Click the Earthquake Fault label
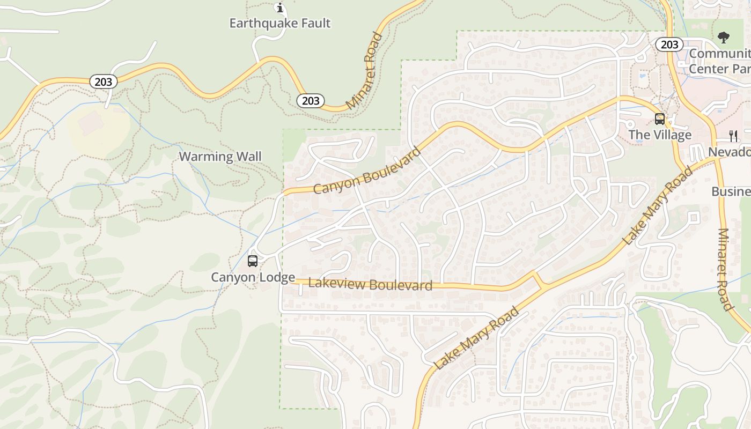point(280,23)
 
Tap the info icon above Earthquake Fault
point(279,8)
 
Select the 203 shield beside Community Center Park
point(669,45)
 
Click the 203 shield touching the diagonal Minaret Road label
point(311,100)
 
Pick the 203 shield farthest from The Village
point(103,82)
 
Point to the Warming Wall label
point(220,157)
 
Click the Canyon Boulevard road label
point(367,171)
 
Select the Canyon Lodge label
point(253,277)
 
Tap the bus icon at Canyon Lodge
point(253,261)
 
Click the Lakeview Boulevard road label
point(370,284)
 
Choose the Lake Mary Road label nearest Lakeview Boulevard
point(477,338)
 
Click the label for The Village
point(660,135)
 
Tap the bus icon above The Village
point(660,119)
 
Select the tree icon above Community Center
point(724,37)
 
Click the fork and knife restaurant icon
point(733,136)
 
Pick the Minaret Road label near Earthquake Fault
point(365,71)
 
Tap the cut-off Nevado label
point(729,152)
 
